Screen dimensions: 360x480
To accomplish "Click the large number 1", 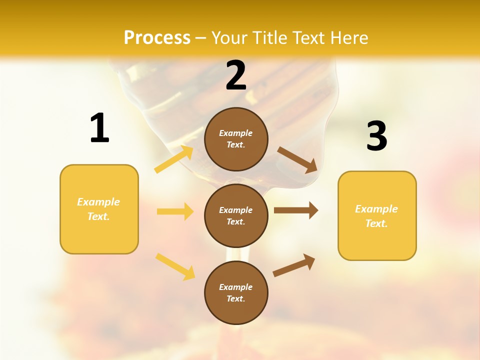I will [99, 128].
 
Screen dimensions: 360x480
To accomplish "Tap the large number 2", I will [236, 75].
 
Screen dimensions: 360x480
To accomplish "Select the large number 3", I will [376, 136].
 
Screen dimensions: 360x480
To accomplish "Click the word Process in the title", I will [157, 37].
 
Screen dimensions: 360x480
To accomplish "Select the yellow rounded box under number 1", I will [99, 209].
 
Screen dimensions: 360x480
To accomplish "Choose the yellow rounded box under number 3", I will [377, 216].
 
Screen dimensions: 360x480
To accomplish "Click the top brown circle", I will [236, 139].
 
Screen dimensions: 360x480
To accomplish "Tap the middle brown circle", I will [236, 216].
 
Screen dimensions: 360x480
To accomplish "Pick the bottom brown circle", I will [236, 293].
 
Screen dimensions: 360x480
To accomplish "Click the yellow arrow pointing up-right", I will [174, 159].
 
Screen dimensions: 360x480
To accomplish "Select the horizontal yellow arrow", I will [175, 211].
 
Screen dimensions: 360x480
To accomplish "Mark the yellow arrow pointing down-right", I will [175, 266].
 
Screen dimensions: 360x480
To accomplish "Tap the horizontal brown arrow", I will [295, 210].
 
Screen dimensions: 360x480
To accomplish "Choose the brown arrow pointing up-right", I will [294, 265].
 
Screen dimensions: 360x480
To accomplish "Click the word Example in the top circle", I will [236, 133].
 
